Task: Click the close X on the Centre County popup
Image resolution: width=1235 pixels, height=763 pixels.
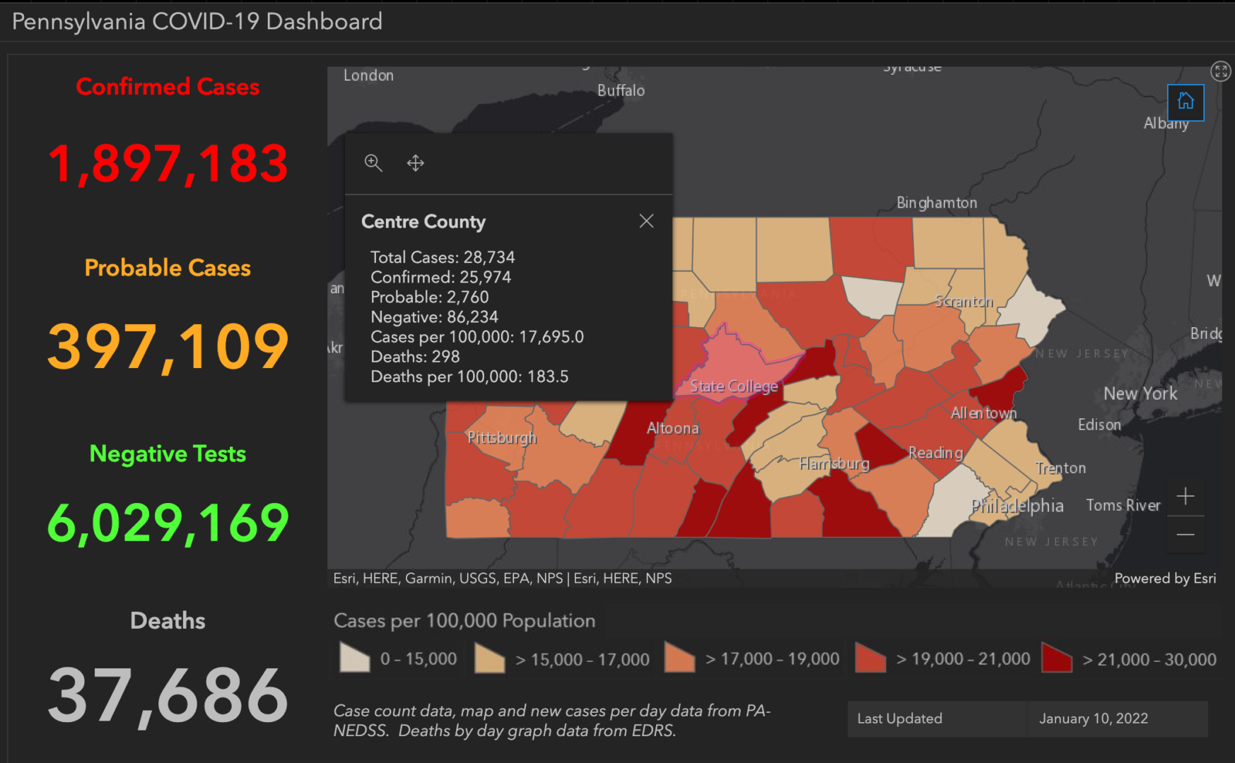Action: (x=646, y=221)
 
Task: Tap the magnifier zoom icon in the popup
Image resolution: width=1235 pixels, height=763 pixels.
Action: (x=373, y=163)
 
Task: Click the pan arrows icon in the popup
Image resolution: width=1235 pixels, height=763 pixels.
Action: (x=416, y=163)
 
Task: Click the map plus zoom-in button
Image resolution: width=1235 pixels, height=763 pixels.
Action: (x=1186, y=497)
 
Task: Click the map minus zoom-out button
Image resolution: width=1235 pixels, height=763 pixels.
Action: (x=1186, y=535)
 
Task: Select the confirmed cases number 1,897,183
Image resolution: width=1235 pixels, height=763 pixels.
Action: (x=168, y=164)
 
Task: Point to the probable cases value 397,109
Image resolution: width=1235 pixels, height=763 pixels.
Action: (x=168, y=346)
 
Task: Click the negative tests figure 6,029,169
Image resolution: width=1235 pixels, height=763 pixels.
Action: (x=168, y=524)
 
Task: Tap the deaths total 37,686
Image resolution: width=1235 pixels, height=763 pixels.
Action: (x=168, y=697)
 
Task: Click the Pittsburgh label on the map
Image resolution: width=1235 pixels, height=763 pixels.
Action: (x=502, y=437)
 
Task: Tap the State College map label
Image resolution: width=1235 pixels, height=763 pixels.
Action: (x=734, y=386)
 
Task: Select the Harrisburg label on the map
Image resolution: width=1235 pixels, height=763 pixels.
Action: (x=834, y=463)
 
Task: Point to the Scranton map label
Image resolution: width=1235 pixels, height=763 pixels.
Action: (x=964, y=302)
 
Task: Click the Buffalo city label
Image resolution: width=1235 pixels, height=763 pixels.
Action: (x=621, y=90)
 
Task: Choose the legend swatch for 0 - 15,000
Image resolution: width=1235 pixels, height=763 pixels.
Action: (x=354, y=658)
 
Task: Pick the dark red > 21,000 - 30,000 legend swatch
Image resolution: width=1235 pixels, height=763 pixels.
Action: (x=1057, y=658)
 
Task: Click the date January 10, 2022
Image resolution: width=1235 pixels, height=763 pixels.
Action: (x=1093, y=718)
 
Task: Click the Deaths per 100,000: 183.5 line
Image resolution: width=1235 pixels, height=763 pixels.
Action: (x=469, y=377)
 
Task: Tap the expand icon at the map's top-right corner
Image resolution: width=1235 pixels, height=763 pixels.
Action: (x=1221, y=71)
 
